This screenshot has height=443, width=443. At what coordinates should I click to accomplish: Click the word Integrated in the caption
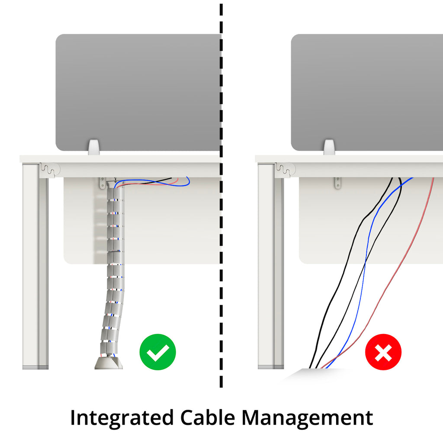pyautogui.click(x=121, y=418)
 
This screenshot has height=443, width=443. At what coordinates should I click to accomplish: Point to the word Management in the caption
pyautogui.click(x=307, y=418)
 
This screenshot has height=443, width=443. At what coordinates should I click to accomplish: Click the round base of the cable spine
pyautogui.click(x=108, y=363)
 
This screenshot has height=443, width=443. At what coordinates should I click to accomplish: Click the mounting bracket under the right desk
pyautogui.click(x=337, y=183)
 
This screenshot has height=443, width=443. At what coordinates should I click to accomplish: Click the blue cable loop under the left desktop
pyautogui.click(x=182, y=182)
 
